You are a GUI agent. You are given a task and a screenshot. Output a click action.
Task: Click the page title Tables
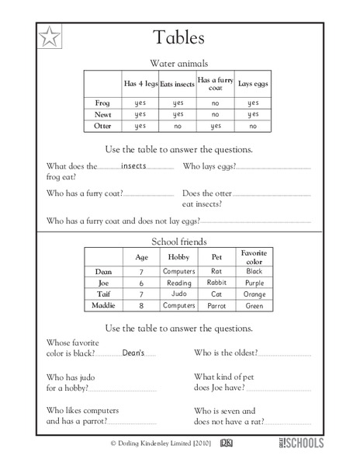(x=178, y=39)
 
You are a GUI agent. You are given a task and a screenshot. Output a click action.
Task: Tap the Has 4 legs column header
(x=140, y=84)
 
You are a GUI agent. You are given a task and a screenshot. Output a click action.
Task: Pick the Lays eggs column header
(x=252, y=84)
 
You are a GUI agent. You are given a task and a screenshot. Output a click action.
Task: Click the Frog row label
(x=102, y=102)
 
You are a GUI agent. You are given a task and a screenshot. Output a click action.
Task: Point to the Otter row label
(x=102, y=125)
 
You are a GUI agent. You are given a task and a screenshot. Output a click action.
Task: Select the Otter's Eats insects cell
(x=177, y=125)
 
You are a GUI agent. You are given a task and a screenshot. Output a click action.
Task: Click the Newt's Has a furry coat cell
(x=215, y=113)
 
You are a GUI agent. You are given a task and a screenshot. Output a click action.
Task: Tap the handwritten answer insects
(x=134, y=165)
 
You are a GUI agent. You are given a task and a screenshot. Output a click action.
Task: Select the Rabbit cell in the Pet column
(x=216, y=283)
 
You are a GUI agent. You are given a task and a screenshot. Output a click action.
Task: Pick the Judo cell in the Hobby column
(x=178, y=294)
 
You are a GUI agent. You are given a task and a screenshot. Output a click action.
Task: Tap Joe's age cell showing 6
(x=140, y=283)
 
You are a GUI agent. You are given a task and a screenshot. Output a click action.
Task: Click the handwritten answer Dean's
(x=133, y=353)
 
